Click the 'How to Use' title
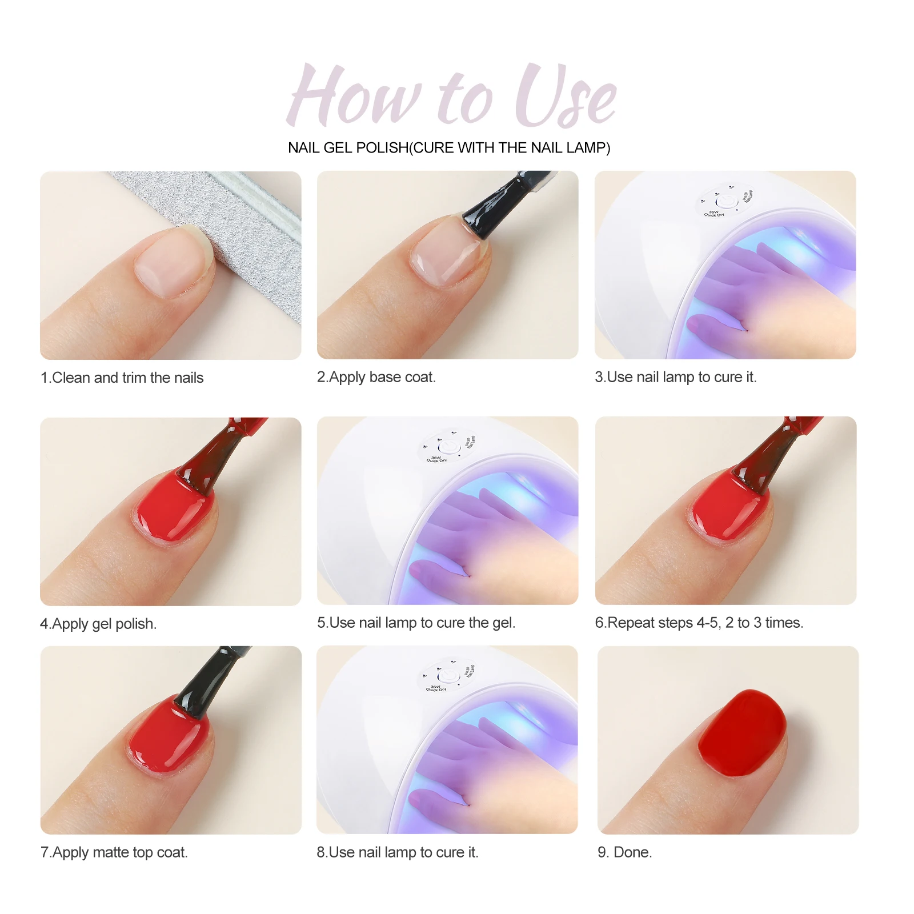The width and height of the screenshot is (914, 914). point(451,95)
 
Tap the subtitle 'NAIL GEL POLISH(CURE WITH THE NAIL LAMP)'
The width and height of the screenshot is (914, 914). point(449,148)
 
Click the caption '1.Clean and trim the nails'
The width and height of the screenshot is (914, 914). point(122,378)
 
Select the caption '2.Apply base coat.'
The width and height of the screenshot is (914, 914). point(376,377)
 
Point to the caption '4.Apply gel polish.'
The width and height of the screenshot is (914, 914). point(98,624)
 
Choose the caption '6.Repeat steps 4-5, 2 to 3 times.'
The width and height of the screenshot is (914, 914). point(699,623)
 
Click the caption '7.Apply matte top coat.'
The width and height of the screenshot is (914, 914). point(114,852)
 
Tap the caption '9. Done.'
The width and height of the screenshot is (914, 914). point(624,852)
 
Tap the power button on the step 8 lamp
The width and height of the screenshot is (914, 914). point(449,676)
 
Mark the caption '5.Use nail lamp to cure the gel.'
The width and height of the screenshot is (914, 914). point(416,623)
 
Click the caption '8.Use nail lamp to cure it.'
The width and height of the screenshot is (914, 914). point(398,852)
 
